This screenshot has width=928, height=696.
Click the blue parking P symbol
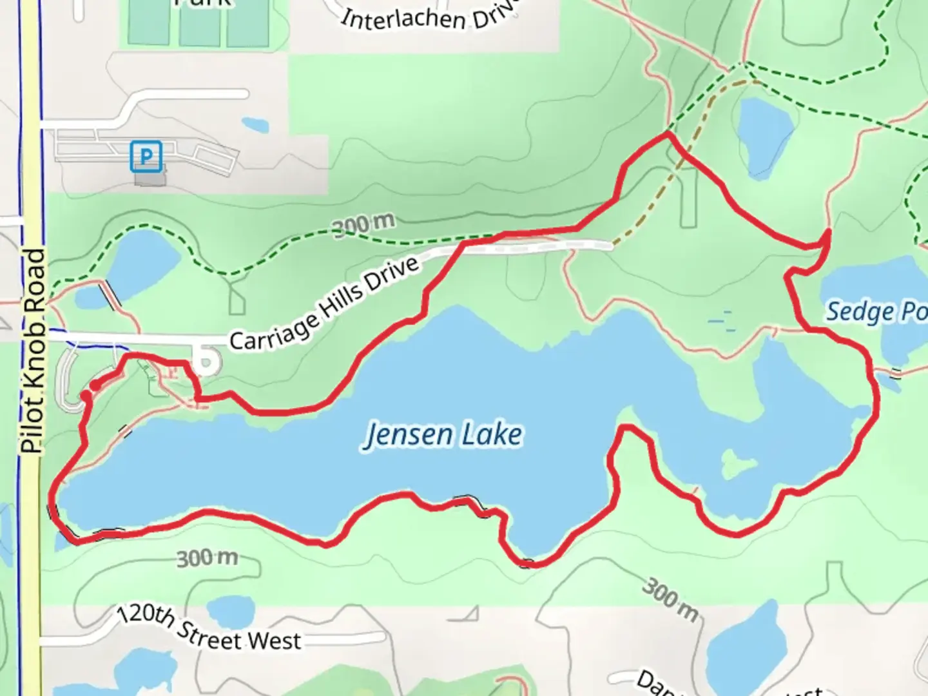tap(146, 157)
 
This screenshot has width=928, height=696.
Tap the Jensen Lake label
tap(443, 434)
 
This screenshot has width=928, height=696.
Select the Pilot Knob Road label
tap(34, 351)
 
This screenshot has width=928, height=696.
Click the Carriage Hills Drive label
tap(324, 305)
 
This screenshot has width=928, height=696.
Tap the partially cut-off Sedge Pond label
tap(876, 312)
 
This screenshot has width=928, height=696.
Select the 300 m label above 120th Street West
tap(208, 557)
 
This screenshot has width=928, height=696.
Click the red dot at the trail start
tap(95, 385)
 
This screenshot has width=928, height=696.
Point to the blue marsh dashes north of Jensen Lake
tap(722, 320)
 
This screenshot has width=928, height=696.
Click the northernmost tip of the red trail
tap(668, 134)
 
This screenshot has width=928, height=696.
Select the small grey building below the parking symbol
tap(150, 177)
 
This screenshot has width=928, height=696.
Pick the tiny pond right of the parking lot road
tap(256, 123)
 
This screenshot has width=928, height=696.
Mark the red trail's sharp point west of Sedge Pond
tap(827, 231)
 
